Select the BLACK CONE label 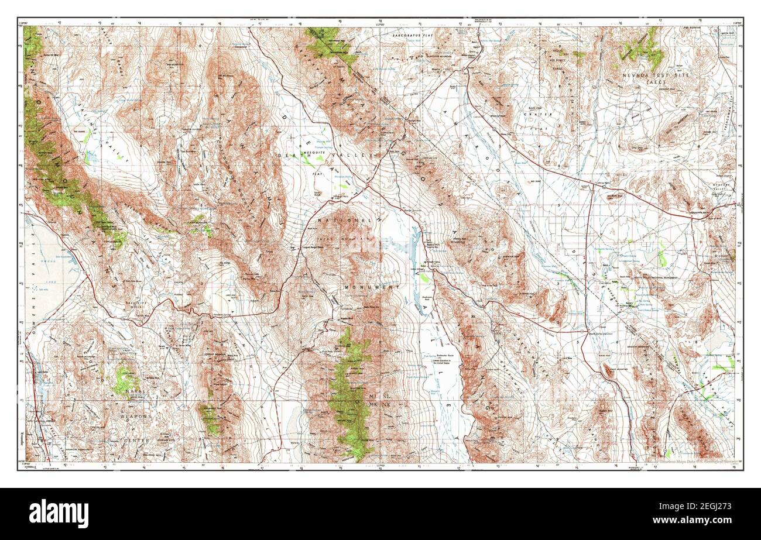[x=516, y=109]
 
